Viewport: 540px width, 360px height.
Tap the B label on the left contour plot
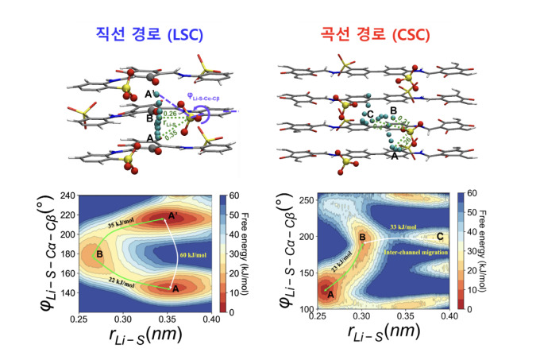[x=99, y=254]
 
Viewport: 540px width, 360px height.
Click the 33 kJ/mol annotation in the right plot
[x=399, y=228]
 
